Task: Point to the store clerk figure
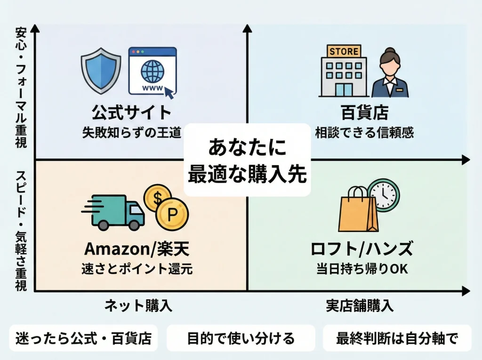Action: click(x=390, y=73)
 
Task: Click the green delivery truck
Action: click(x=114, y=211)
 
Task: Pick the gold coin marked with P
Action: click(x=173, y=215)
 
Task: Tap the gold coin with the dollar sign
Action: click(x=158, y=197)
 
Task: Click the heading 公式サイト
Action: click(x=131, y=113)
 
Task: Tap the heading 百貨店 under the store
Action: click(x=364, y=113)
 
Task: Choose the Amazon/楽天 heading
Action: click(x=137, y=248)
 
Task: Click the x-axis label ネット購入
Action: click(x=138, y=306)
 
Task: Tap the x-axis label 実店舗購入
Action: click(x=359, y=306)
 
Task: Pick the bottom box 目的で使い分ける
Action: click(x=241, y=338)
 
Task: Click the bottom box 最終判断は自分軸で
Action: click(x=396, y=338)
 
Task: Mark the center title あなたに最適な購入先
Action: click(x=247, y=160)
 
